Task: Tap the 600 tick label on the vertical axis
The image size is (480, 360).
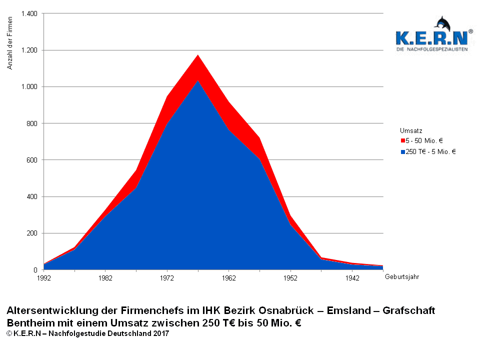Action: (x=32, y=160)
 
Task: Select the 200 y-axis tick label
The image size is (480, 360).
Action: (x=32, y=233)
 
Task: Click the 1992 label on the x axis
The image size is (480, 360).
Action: (x=44, y=277)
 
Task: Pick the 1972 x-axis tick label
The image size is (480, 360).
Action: (x=167, y=277)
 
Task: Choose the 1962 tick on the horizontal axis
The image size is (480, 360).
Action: (x=228, y=277)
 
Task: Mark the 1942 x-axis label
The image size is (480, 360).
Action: (x=352, y=277)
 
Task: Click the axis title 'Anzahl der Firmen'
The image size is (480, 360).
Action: (x=10, y=42)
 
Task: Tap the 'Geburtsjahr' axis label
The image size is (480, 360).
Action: (x=401, y=277)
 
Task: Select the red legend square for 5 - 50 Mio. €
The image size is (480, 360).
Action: (x=402, y=141)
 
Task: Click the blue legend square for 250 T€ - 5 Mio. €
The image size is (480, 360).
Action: (x=402, y=151)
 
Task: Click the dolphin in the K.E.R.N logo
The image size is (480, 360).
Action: (x=443, y=23)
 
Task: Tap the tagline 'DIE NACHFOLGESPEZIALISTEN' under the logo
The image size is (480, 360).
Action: (x=431, y=50)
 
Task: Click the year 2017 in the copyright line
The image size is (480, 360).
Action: (x=161, y=333)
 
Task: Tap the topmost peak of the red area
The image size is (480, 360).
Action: (x=198, y=55)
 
